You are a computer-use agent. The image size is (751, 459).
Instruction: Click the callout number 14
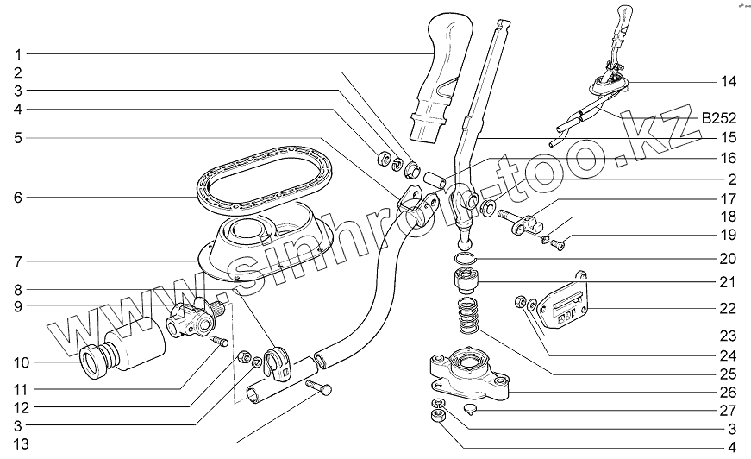[x=729, y=82]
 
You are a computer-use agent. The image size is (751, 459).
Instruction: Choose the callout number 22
[x=729, y=307]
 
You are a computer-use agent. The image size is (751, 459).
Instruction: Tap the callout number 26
[x=729, y=390]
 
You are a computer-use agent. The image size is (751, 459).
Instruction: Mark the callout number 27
[x=729, y=410]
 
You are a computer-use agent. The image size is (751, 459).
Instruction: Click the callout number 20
[x=729, y=259]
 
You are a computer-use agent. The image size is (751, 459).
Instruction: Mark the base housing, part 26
[x=466, y=373]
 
